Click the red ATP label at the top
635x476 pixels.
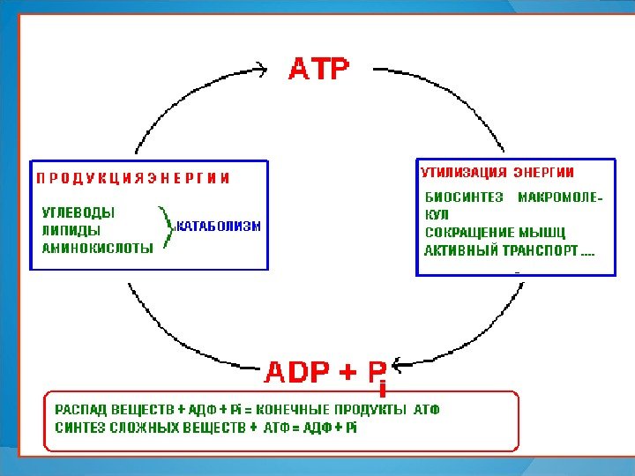pos(319,68)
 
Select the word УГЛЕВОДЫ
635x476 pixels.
pos(78,212)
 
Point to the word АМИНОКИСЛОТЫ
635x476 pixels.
pos(98,248)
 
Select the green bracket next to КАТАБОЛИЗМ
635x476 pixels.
pos(164,229)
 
